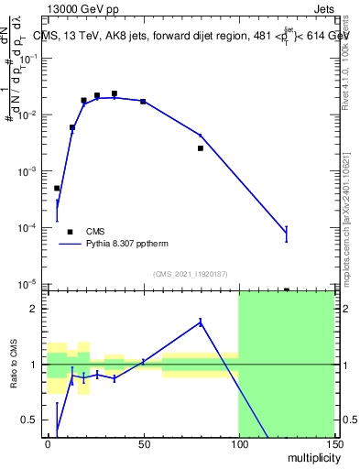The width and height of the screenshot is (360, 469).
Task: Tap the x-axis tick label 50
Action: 143,444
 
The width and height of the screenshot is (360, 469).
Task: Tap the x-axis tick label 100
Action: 238,444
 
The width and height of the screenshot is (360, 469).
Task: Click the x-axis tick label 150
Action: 333,444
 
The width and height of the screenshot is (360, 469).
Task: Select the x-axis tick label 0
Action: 48,444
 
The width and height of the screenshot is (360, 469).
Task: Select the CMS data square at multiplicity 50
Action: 143,101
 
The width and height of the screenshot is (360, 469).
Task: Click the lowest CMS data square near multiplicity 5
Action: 57,188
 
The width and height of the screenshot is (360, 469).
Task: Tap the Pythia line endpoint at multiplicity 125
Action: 287,234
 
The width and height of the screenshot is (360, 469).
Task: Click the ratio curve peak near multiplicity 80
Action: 200,322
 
